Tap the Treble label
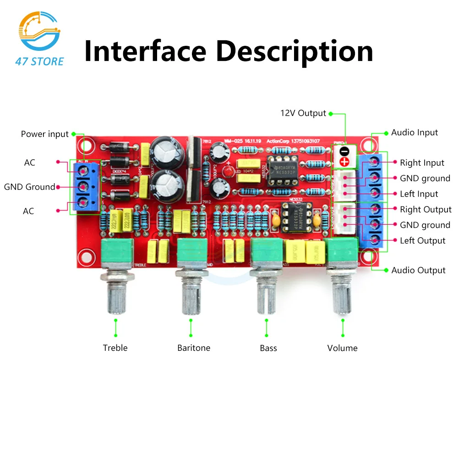coord(115,348)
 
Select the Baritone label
coord(194,348)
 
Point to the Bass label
coord(268,348)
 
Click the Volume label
coord(342,348)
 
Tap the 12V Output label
coord(303,113)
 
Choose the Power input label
coord(44,134)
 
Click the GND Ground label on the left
coord(29,187)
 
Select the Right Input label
coord(422,163)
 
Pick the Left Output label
coord(422,241)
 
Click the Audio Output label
coord(418,270)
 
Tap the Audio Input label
coord(414,132)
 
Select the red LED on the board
coord(228,171)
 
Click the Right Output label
coord(425,210)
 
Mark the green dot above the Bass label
coord(266,321)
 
